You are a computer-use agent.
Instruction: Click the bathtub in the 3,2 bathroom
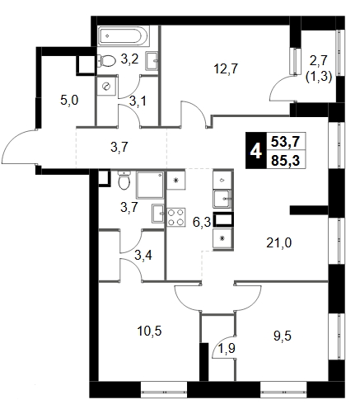coord(124,36)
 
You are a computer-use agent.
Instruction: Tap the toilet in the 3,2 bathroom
coord(106,61)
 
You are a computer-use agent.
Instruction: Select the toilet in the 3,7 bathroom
coord(124,180)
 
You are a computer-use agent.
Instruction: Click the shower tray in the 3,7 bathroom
coord(150,185)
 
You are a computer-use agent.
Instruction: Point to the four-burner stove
coord(176,217)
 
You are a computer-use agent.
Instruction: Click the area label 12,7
coord(226,68)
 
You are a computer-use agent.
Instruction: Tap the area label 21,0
coord(279,242)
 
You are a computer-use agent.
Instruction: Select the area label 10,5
coord(149,331)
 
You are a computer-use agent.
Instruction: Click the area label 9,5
coord(283,336)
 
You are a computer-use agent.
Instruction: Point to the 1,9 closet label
coord(227,349)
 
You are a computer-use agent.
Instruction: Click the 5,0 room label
coord(69,101)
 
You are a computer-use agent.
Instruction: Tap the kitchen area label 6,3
coord(202,222)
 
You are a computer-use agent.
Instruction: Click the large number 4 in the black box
coord(255,151)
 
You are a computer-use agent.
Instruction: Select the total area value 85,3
coord(285,161)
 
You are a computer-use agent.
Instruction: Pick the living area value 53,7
coord(285,142)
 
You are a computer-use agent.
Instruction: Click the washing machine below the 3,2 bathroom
coord(105,86)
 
